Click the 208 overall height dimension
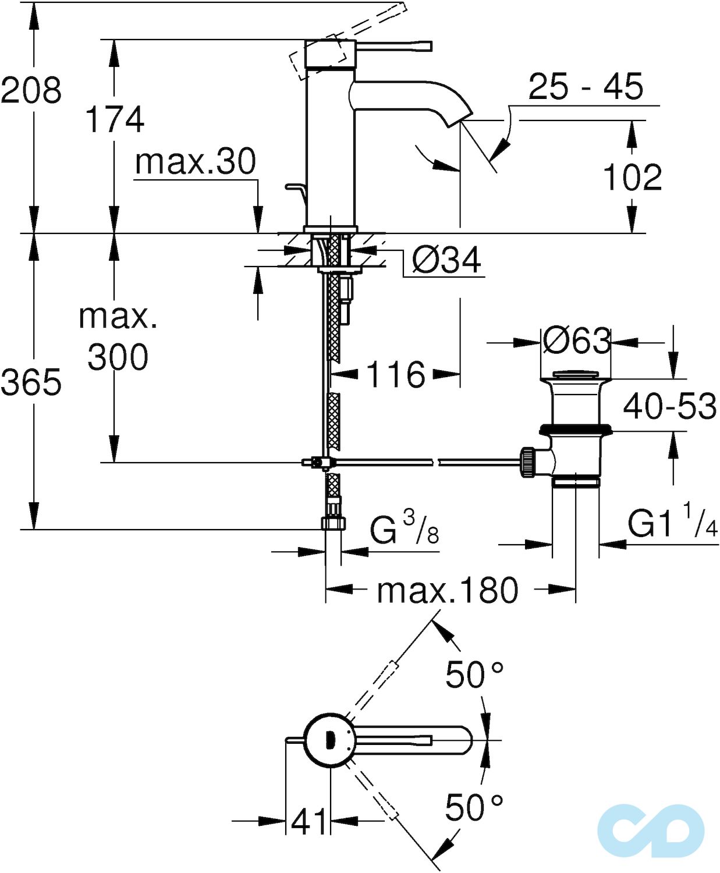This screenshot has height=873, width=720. click(x=31, y=90)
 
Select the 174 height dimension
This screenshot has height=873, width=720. click(x=115, y=119)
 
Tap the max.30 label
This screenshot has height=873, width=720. click(x=195, y=161)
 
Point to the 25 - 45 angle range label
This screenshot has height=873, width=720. click(x=585, y=87)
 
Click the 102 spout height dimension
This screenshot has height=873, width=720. click(x=632, y=177)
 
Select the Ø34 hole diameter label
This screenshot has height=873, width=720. click(x=446, y=260)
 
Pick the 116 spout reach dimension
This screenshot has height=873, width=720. click(x=396, y=374)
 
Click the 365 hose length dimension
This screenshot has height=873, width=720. click(x=31, y=382)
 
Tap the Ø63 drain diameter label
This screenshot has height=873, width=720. click(x=576, y=340)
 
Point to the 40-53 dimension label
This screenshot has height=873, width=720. click(x=669, y=406)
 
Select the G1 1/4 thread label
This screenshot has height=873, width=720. click(x=672, y=522)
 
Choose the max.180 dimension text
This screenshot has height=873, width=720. click(x=447, y=590)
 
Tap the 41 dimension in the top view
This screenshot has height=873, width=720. click(x=308, y=822)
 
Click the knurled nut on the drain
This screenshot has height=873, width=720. click(x=527, y=462)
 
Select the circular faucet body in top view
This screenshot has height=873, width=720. click(x=329, y=740)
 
